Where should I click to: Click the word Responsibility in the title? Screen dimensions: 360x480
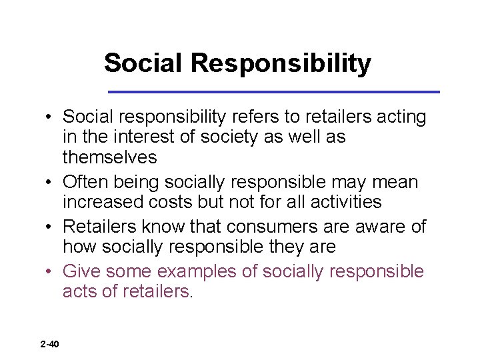coord(281,63)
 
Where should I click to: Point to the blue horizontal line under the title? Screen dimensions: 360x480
coord(274,91)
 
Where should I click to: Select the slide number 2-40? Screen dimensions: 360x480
coord(49,344)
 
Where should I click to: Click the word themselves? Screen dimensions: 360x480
coord(110,157)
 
